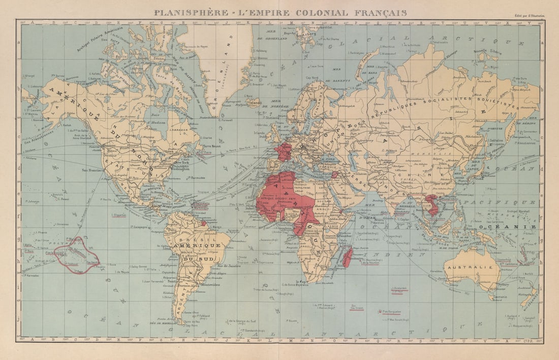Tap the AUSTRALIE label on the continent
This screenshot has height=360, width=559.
point(477,267)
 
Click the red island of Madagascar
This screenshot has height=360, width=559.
point(348,256)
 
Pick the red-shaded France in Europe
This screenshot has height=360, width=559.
point(283,152)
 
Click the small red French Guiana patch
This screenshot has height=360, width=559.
point(203,223)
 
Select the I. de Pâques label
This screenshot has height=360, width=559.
point(123,272)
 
